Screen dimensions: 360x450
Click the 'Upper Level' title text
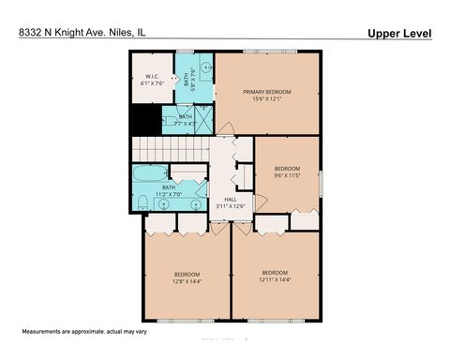399,33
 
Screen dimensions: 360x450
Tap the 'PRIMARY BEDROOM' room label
267,92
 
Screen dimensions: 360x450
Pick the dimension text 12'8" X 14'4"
186,281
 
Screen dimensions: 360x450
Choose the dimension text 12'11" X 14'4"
275,279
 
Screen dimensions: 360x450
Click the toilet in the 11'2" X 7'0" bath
142,203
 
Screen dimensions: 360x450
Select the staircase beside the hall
169,149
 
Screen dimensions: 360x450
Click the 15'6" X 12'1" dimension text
267,99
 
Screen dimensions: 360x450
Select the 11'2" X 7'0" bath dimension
168,193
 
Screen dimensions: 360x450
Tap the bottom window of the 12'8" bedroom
186,321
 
